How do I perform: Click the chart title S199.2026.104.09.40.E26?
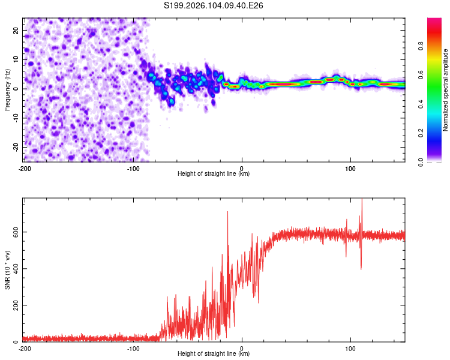click(214, 5)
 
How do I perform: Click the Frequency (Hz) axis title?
click(7, 89)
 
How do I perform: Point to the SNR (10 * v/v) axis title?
click(7, 270)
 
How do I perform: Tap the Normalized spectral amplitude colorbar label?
click(446, 90)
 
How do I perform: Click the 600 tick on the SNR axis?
click(14, 232)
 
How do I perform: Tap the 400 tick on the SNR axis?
click(14, 268)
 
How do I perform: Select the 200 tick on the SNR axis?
click(14, 305)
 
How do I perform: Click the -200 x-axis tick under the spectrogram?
click(24, 167)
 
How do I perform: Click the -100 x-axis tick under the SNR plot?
click(133, 348)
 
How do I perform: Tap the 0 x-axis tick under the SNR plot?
click(242, 348)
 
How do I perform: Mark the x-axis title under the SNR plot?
click(214, 354)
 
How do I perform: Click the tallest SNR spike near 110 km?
click(362, 200)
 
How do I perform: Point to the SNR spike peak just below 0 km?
click(228, 212)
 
